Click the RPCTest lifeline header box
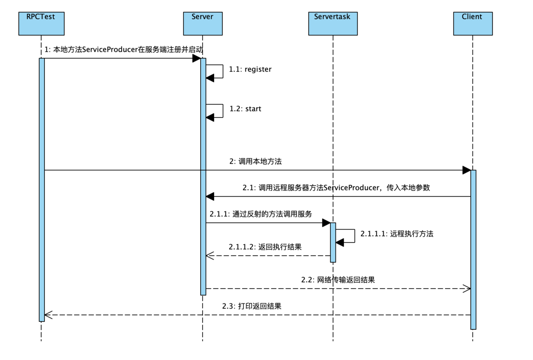coord(41,24)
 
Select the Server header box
coord(203,24)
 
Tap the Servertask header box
coord(333,24)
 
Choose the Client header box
coord(473,24)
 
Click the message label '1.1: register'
coord(250,69)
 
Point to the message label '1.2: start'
coord(245,109)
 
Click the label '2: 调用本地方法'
coord(255,162)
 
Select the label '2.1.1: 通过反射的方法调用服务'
coord(261,214)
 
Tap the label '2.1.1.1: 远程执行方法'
coord(397,234)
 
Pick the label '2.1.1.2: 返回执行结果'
coord(265,247)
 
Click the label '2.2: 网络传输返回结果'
coord(338,280)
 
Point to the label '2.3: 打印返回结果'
coord(252,306)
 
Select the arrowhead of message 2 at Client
coord(467,170)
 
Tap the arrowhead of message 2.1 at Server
coord(210,196)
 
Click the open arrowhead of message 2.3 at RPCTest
coord(48,315)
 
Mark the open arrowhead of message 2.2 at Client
coord(467,289)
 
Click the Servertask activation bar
coord(333,242)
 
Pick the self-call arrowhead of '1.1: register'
coord(210,78)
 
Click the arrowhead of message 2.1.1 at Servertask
coord(326,223)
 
